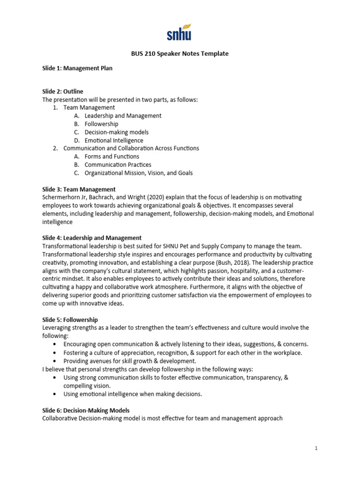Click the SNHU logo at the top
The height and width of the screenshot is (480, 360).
[x=180, y=32]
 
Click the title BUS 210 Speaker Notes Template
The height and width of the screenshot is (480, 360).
[x=180, y=54]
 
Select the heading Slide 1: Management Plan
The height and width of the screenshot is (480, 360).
[x=77, y=68]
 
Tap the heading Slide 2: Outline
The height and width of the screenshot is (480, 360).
[x=63, y=91]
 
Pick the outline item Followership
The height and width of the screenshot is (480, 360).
[x=101, y=124]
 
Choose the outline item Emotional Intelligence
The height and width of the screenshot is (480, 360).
[x=114, y=140]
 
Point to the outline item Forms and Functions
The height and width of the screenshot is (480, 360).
[x=112, y=157]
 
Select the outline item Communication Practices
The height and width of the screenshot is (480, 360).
[x=118, y=165]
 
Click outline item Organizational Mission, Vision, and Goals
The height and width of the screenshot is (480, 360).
[x=138, y=173]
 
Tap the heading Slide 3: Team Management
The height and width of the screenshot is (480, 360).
[x=79, y=189]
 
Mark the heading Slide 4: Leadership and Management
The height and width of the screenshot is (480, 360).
[x=92, y=238]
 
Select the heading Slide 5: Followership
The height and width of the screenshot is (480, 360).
[x=70, y=320]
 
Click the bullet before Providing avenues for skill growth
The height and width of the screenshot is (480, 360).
[x=56, y=361]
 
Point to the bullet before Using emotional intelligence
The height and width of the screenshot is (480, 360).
[x=56, y=394]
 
